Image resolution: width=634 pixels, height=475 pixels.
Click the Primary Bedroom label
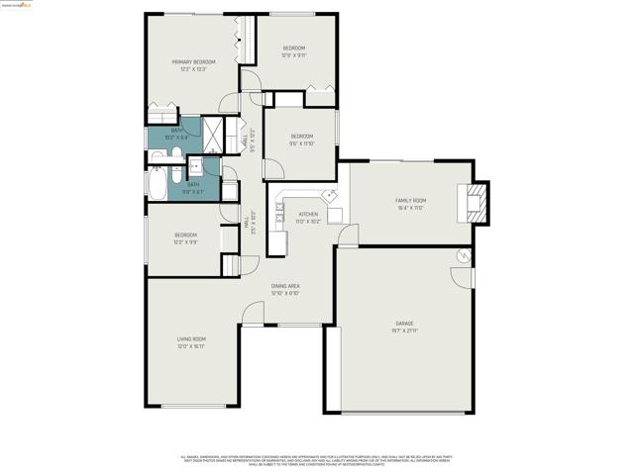coord(192,61)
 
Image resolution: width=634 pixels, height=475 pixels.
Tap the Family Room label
coord(410,200)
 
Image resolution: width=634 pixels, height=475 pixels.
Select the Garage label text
coord(404,324)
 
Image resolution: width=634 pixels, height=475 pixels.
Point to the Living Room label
coord(191,339)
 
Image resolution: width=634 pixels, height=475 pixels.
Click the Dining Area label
coord(285,286)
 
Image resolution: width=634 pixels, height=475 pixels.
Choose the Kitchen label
coord(309,214)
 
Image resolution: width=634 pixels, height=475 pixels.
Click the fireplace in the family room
coord(478,201)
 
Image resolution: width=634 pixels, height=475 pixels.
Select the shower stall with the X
coord(215,131)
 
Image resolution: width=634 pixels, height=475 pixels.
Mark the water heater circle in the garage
coord(463,256)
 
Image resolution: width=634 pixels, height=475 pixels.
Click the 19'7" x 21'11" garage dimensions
coord(404,331)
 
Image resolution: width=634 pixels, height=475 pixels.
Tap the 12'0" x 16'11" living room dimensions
coord(191,346)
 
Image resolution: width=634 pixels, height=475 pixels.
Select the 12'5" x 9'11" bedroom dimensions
coord(294,55)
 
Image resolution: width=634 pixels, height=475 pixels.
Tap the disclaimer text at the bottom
coord(316,461)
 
